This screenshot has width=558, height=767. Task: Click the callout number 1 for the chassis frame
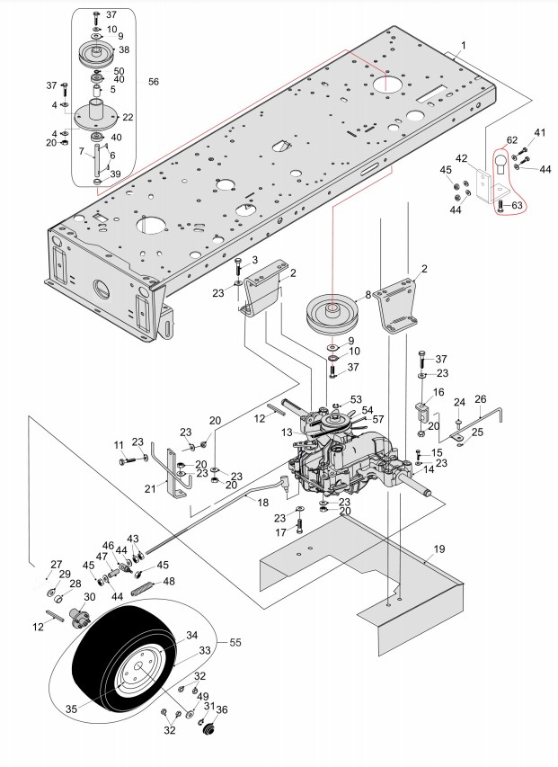[x=464, y=45]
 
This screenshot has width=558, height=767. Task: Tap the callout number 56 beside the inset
[x=154, y=82]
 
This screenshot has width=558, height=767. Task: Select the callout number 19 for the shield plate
[x=439, y=548]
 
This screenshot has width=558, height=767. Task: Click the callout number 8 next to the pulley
[x=368, y=295]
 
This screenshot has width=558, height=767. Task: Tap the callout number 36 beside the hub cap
[x=223, y=709]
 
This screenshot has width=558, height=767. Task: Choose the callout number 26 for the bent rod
[x=481, y=399]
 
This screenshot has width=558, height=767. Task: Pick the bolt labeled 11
[x=126, y=459]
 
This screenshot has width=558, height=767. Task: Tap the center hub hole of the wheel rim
[x=137, y=666]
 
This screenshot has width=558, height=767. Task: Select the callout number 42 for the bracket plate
[x=461, y=158]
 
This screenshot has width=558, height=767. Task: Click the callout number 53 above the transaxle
[x=356, y=398]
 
